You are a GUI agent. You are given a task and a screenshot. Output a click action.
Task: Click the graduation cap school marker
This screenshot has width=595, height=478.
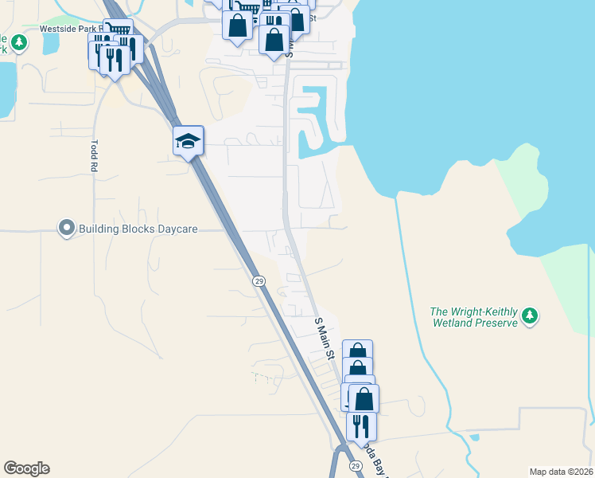point(189,141)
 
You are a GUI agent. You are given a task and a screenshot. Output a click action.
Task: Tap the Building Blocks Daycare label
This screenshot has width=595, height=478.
point(138,229)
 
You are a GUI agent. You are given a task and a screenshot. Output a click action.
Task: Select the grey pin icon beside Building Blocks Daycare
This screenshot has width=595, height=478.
point(66,229)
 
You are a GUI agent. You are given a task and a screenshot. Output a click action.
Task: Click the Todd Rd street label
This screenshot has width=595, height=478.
point(93,157)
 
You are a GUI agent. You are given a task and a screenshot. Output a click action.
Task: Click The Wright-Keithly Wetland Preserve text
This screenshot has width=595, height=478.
point(474,317)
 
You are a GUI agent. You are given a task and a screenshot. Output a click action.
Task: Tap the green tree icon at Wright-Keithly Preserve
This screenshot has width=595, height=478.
point(530,317)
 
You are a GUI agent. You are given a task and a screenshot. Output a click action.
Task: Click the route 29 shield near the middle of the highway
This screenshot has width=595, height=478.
point(259,281)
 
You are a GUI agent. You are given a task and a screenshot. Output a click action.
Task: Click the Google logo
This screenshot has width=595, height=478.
point(26,468)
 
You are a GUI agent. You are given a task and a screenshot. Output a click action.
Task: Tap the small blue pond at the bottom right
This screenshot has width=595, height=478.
point(475,437)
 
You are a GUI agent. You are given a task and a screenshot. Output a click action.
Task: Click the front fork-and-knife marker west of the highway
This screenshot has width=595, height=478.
point(115,59)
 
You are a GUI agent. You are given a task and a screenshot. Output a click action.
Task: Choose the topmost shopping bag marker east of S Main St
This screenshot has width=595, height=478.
point(357,352)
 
